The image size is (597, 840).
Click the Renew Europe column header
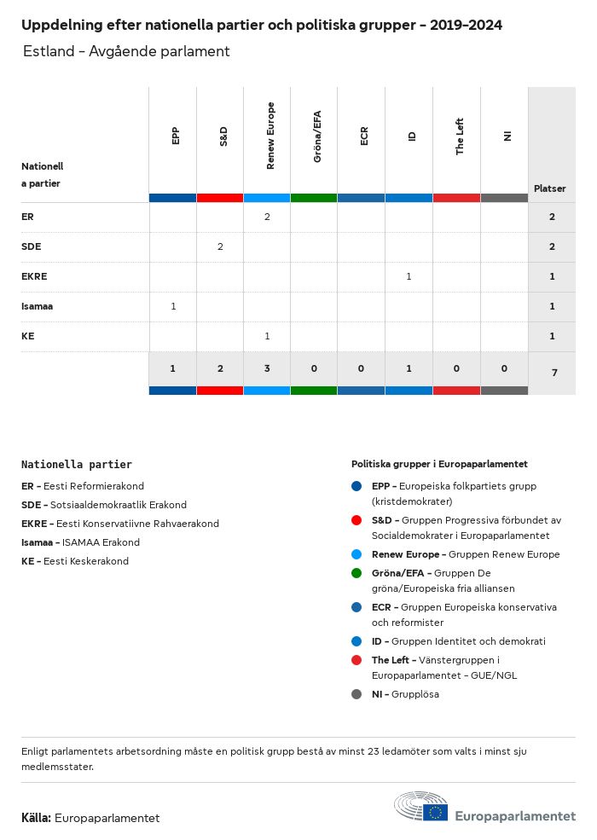pyautogui.click(x=270, y=136)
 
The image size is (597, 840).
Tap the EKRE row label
pyautogui.click(x=34, y=276)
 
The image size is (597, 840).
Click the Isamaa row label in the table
pyautogui.click(x=38, y=306)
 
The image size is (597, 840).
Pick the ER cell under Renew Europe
pyautogui.click(x=267, y=217)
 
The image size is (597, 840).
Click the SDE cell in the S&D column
pyautogui.click(x=220, y=246)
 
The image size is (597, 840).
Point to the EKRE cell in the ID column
pyautogui.click(x=409, y=276)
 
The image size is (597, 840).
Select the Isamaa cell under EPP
pyautogui.click(x=173, y=306)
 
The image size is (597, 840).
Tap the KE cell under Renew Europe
pyautogui.click(x=267, y=336)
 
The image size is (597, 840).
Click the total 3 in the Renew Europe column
pyautogui.click(x=267, y=368)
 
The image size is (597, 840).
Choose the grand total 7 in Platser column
pyautogui.click(x=552, y=373)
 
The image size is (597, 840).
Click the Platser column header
pyautogui.click(x=550, y=188)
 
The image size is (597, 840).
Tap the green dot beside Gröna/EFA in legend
pyautogui.click(x=356, y=573)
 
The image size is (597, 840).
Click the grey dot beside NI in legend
pyautogui.click(x=356, y=694)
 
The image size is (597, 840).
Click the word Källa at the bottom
pyautogui.click(x=37, y=818)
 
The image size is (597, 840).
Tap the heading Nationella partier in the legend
pyautogui.click(x=77, y=465)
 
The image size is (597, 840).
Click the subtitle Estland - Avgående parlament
pyautogui.click(x=126, y=51)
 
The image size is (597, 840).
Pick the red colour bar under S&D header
pyautogui.click(x=220, y=198)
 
